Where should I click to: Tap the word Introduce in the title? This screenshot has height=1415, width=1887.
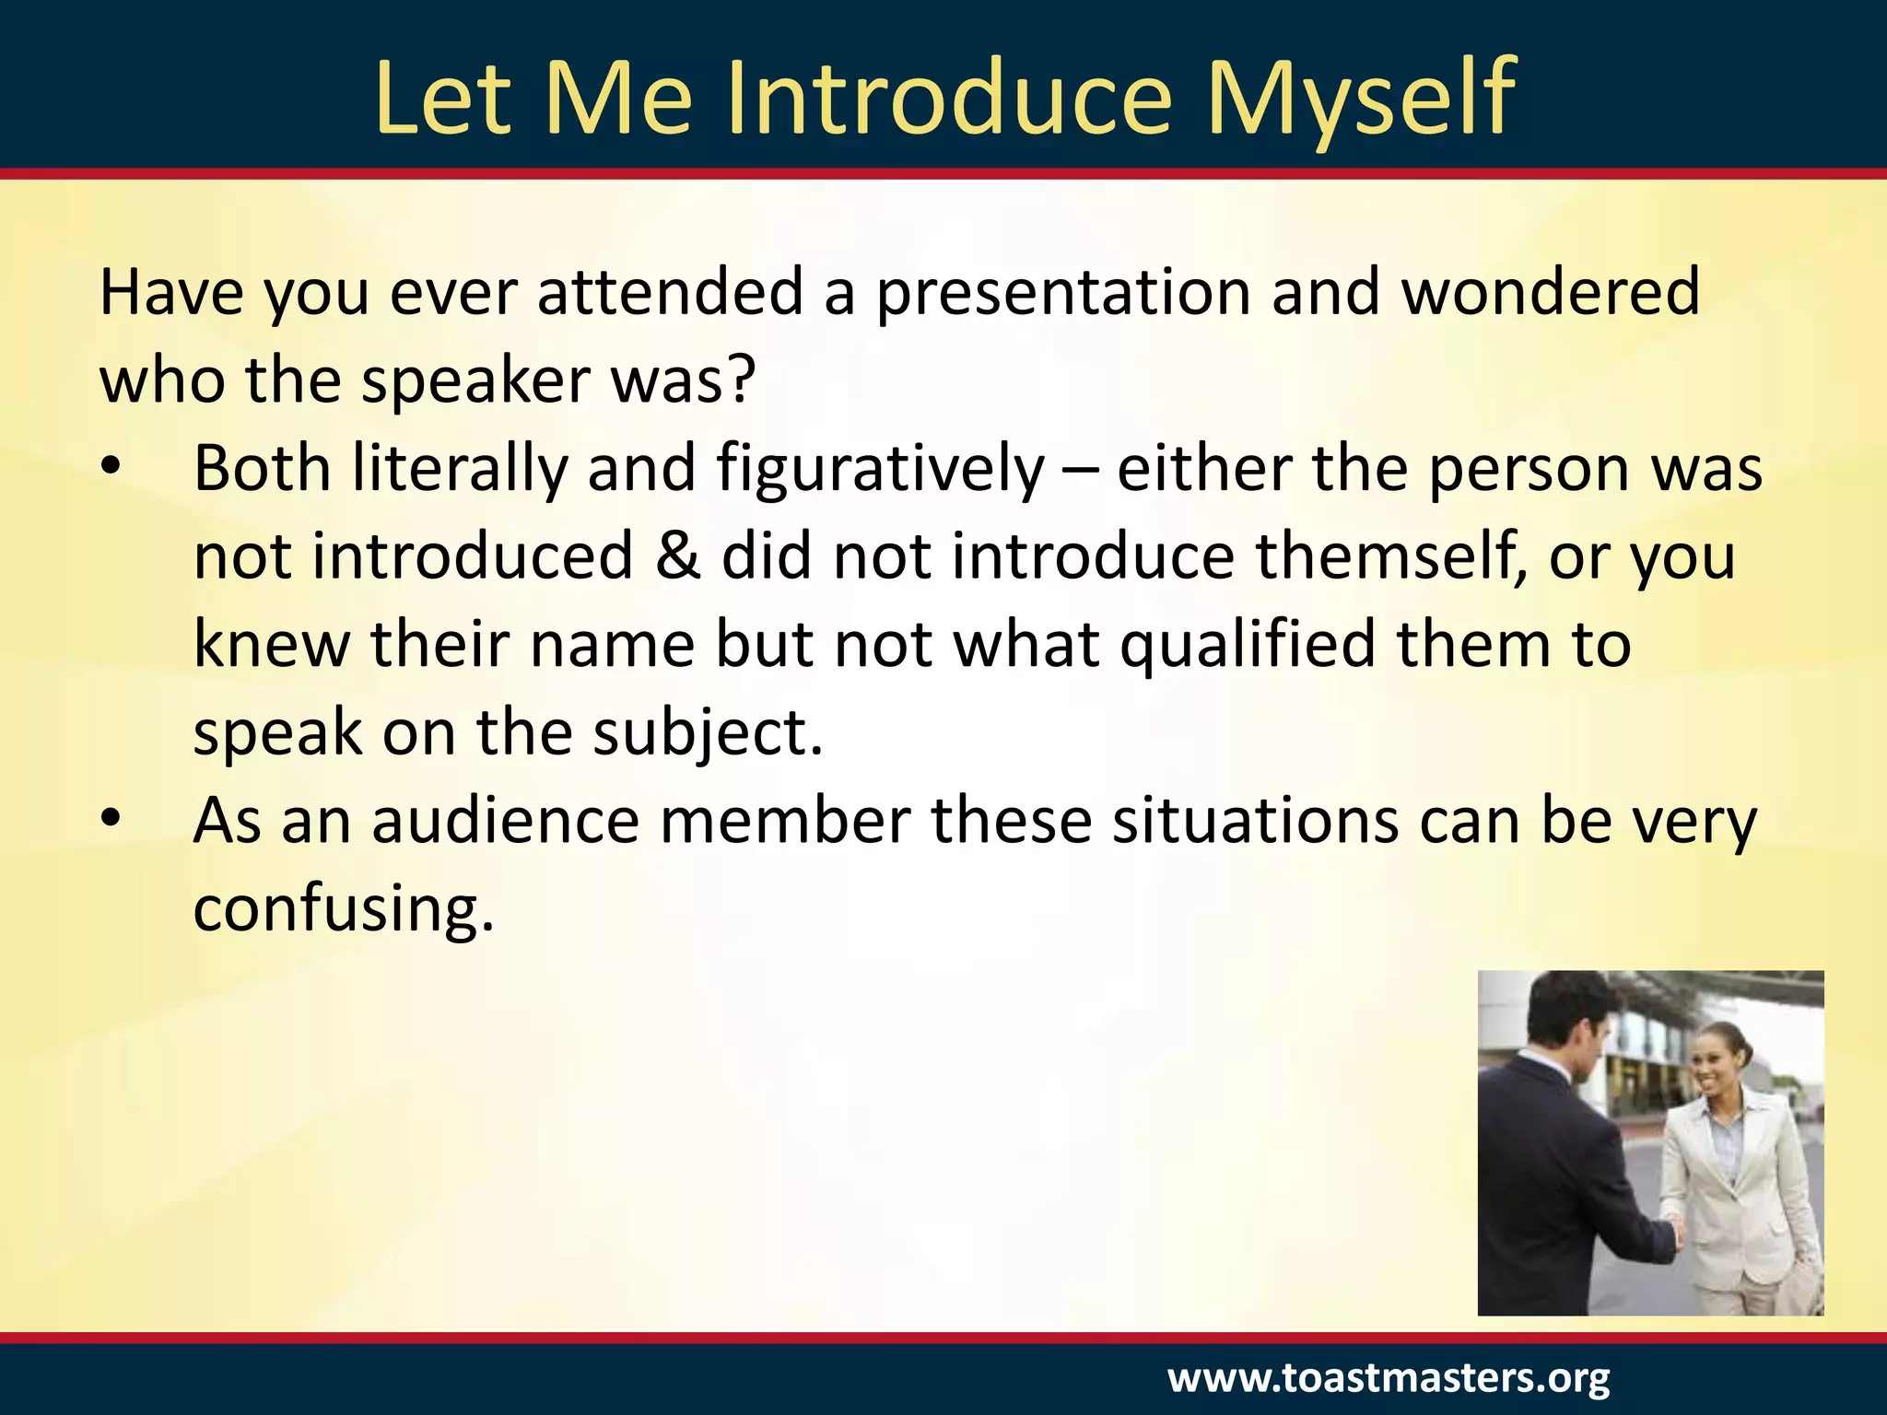pos(949,98)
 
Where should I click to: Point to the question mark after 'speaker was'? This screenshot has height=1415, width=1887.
pos(739,380)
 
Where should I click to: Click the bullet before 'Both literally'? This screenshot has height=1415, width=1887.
pos(111,468)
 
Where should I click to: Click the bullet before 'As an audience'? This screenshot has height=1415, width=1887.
pos(111,820)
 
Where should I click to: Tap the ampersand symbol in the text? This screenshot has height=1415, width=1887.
pos(678,555)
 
